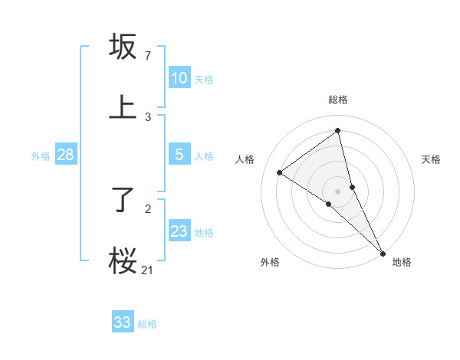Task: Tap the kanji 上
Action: [123, 108]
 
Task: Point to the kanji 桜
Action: [123, 261]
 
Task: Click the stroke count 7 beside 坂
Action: [148, 56]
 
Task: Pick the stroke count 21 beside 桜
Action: [148, 270]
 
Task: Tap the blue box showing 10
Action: [179, 78]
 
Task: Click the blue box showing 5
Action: [179, 155]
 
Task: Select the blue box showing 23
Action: [179, 231]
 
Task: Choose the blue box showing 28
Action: [66, 155]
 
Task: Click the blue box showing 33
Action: [123, 322]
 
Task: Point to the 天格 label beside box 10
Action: [204, 80]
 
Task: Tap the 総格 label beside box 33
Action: [147, 324]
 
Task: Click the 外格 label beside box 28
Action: [41, 156]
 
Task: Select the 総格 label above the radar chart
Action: [338, 100]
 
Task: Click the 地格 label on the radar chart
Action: [402, 262]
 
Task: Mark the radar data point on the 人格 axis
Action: [279, 172]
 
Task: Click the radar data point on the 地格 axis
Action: [382, 252]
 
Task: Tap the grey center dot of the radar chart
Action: [338, 191]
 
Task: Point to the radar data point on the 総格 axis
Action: [338, 130]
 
